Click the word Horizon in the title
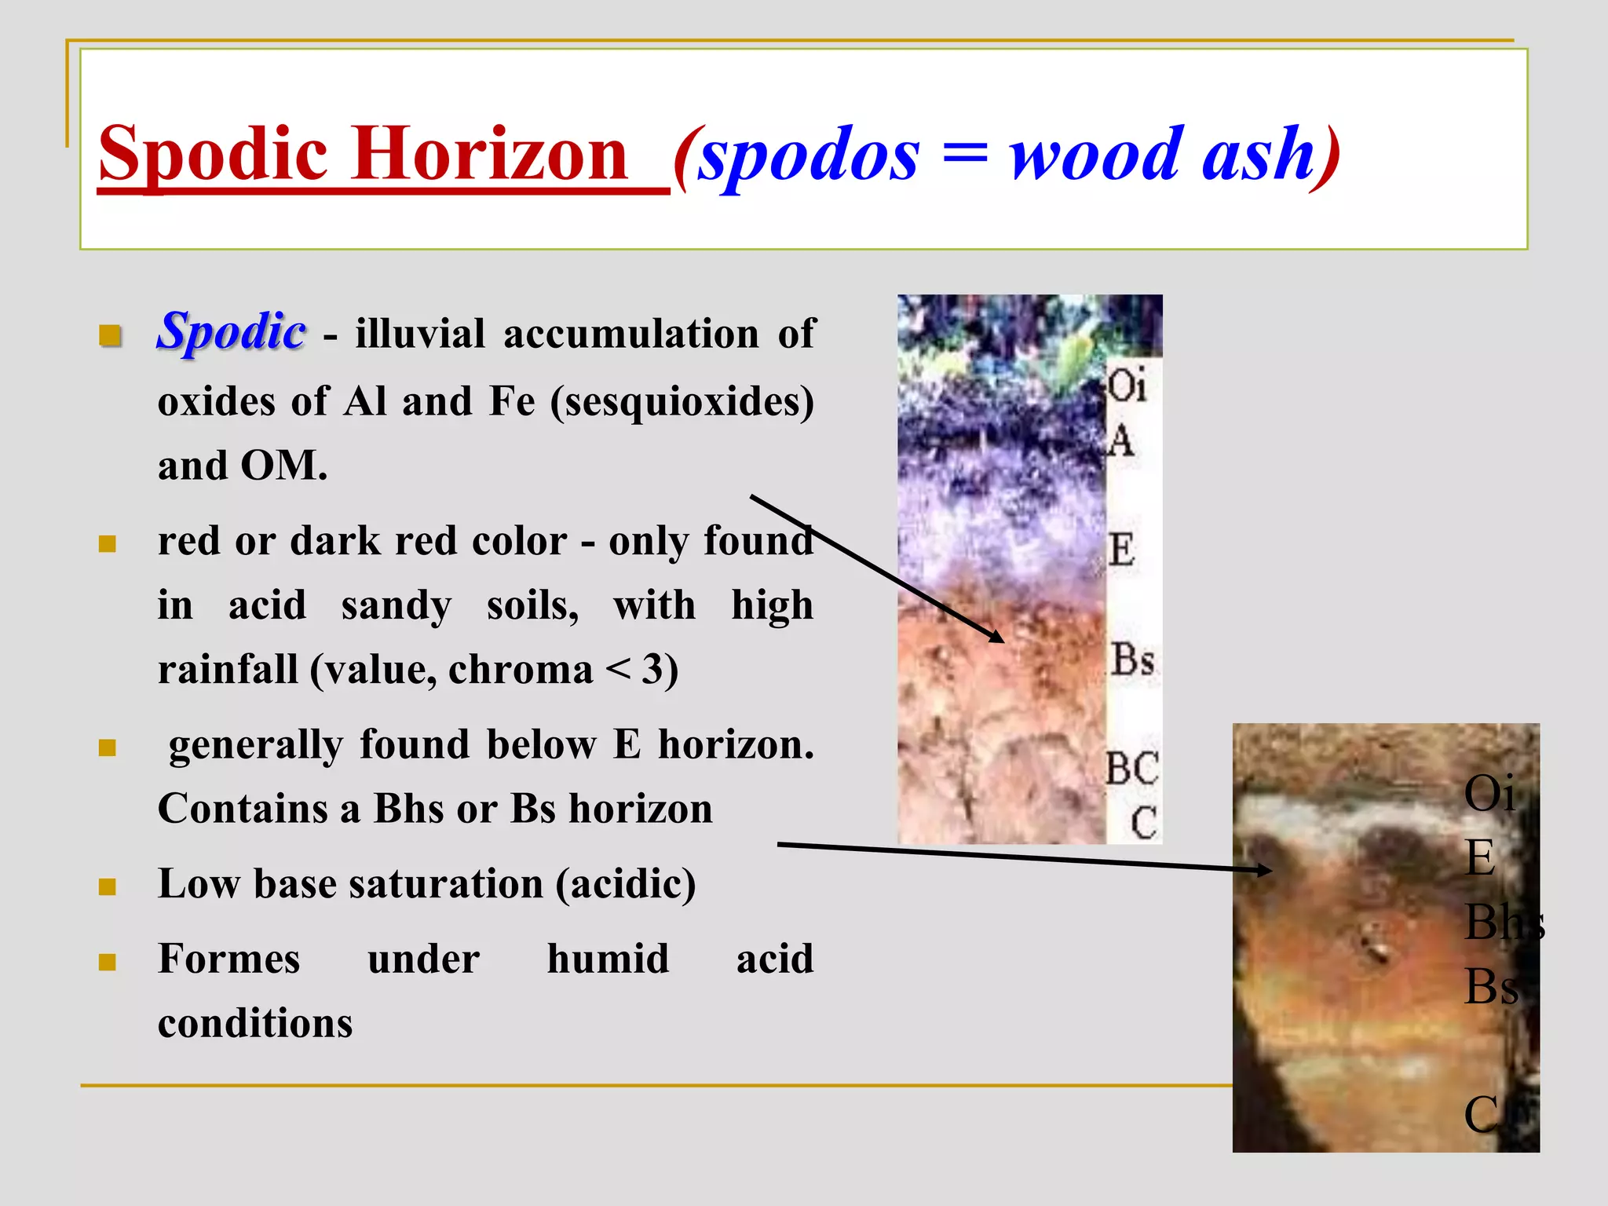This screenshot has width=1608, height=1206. click(x=492, y=154)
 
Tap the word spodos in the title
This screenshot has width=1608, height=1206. click(x=809, y=155)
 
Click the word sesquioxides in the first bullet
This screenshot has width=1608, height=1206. click(x=682, y=401)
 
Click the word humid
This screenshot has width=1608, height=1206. click(x=608, y=959)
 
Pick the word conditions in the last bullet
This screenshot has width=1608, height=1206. click(x=255, y=1023)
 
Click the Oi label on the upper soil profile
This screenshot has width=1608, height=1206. click(x=1127, y=386)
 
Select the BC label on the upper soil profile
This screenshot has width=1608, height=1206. click(x=1131, y=768)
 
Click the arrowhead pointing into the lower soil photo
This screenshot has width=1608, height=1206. click(x=1264, y=869)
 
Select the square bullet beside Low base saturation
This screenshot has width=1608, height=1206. click(x=108, y=887)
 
